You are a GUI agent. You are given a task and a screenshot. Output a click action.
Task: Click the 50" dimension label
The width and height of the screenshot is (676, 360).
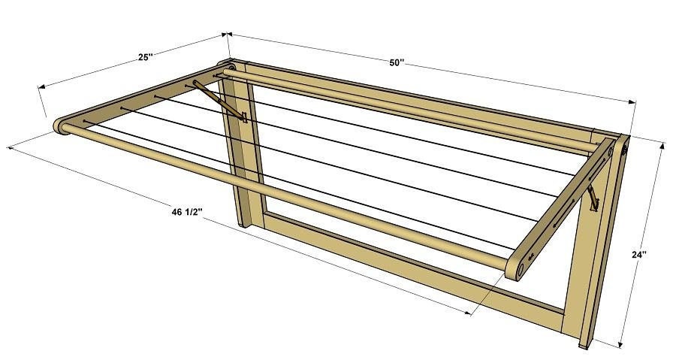coord(397,62)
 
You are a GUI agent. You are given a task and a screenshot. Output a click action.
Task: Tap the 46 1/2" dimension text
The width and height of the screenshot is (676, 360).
coord(186,213)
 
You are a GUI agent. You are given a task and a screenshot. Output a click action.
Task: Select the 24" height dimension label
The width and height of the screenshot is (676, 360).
coord(639,255)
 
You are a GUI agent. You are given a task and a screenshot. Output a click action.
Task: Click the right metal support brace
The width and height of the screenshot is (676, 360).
coord(593,198)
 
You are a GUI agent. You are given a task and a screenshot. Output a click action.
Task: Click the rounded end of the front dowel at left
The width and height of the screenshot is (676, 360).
coord(61,125)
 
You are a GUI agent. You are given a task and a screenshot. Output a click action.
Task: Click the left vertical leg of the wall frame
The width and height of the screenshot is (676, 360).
coord(242,150)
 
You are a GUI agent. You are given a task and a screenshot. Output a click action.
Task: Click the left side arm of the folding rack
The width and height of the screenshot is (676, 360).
coord(143,98)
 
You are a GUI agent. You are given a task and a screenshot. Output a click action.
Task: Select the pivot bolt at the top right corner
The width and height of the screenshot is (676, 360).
coord(623,150)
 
